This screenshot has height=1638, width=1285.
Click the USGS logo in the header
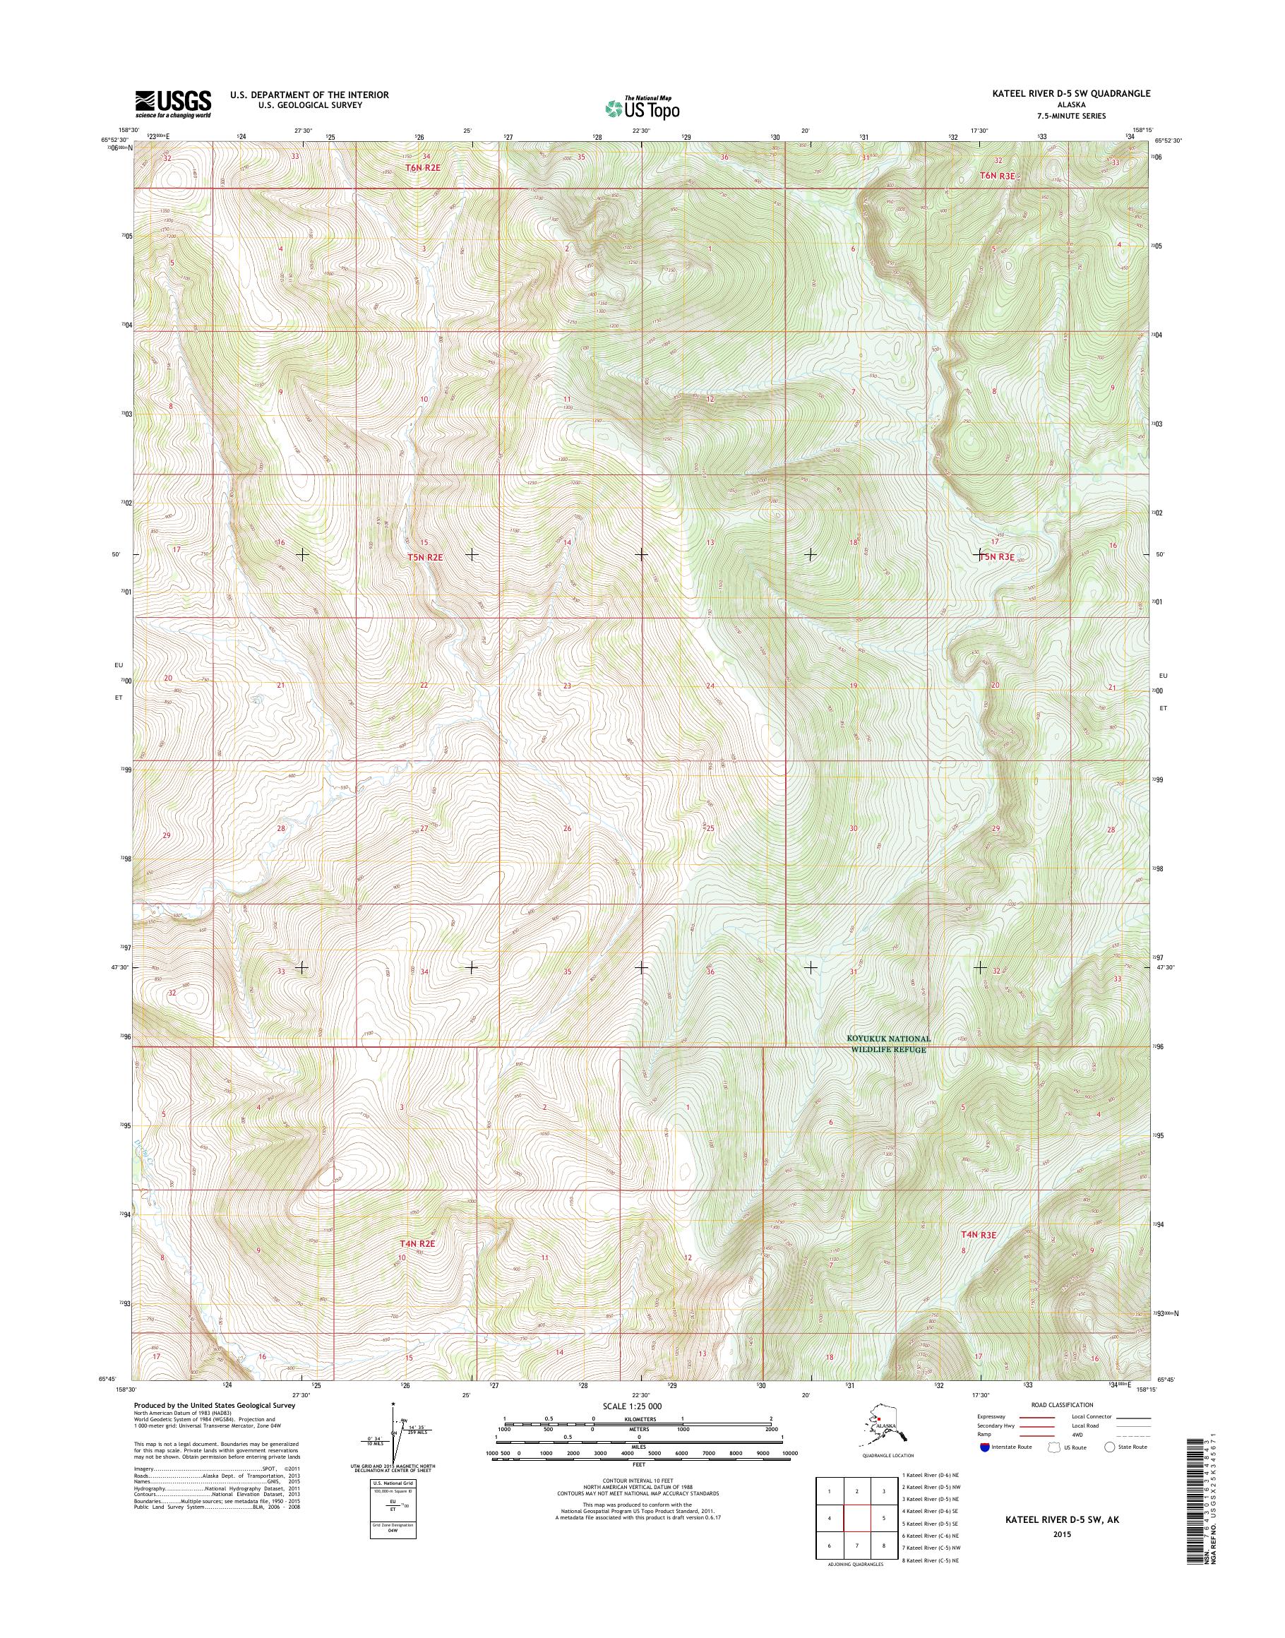pyautogui.click(x=172, y=104)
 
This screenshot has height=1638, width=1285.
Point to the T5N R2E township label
pyautogui.click(x=425, y=558)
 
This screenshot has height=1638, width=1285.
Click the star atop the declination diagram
pyautogui.click(x=393, y=1404)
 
